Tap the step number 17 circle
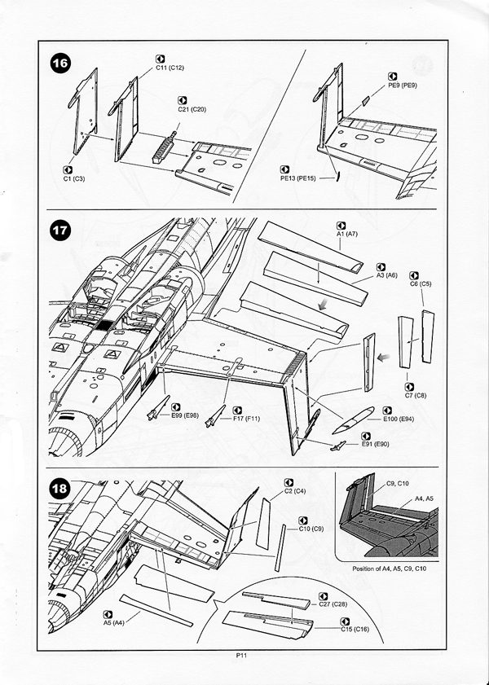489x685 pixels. (61, 231)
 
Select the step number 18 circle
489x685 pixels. (61, 490)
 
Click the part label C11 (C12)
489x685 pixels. (170, 68)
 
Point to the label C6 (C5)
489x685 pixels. (421, 283)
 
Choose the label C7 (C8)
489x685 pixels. (417, 394)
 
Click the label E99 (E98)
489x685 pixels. (185, 415)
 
